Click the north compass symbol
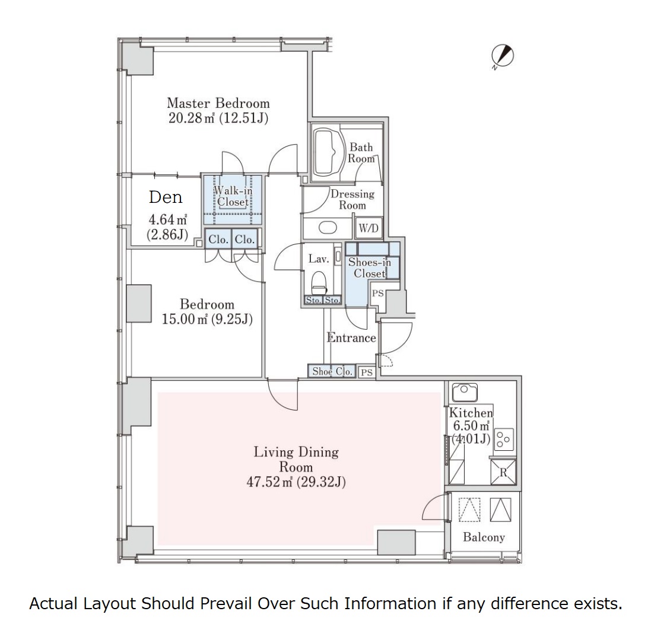click(x=503, y=56)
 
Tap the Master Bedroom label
click(x=218, y=103)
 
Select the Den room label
click(x=166, y=197)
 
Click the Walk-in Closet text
click(x=233, y=196)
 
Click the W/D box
click(x=369, y=228)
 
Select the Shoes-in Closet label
click(x=370, y=268)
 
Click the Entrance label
click(x=351, y=338)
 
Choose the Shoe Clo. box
click(x=332, y=371)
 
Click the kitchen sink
click(x=465, y=391)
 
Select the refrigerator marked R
click(x=503, y=471)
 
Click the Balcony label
click(x=484, y=537)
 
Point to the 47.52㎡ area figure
click(x=269, y=482)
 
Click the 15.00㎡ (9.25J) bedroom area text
click(x=207, y=319)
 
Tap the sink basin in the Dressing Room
click(x=328, y=228)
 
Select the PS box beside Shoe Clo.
click(x=367, y=372)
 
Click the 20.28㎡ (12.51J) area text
click(x=218, y=118)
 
